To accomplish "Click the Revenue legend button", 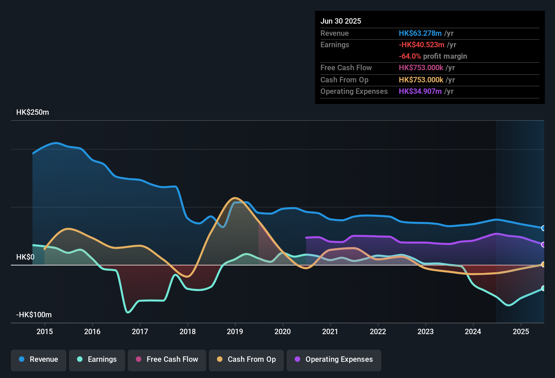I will coord(39,359).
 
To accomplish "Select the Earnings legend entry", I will coord(97,359).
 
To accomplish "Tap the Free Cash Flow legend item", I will coord(167,359).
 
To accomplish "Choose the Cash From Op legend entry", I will coord(246,359).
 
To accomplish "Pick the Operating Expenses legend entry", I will coord(334,359).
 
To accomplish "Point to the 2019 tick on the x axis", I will coord(235,331).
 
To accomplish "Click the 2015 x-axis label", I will coord(45,331).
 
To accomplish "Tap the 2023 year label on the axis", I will coord(426,331).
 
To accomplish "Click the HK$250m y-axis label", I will coord(32,112).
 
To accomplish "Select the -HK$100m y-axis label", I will coord(34,315).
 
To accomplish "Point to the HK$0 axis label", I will coord(25,257).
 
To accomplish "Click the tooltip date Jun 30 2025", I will coord(341,21).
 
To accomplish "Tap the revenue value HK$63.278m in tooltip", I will coord(420,33).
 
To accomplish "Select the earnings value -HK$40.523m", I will coord(421,45).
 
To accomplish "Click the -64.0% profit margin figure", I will coord(410,56).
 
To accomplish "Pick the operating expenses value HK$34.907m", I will coord(420,91).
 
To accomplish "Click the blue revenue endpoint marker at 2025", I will coord(543,228).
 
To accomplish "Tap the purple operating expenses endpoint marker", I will coord(543,244).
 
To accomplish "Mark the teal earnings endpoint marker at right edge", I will coord(543,288).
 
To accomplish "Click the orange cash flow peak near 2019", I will coord(235,198).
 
